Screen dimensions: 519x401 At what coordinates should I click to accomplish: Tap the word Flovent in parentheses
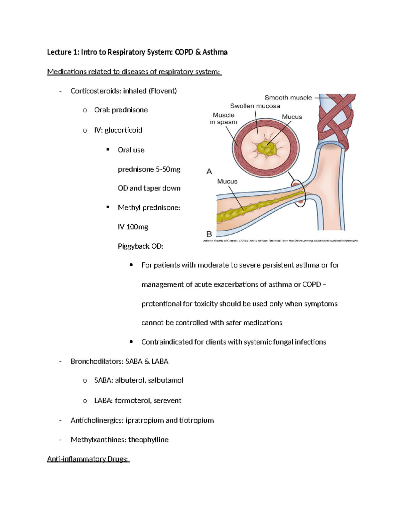(x=163, y=91)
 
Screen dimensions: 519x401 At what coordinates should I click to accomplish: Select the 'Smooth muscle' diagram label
(x=288, y=98)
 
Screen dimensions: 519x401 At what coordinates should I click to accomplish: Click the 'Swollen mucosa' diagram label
(x=255, y=106)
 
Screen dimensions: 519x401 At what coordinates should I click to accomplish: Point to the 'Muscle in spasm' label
(x=224, y=119)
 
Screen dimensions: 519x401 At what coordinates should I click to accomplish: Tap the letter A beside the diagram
(x=209, y=171)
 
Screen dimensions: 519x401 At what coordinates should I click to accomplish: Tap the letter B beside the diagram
(x=209, y=234)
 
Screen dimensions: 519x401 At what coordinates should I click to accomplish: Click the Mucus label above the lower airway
(x=227, y=181)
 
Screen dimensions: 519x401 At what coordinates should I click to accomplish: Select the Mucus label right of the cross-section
(x=292, y=117)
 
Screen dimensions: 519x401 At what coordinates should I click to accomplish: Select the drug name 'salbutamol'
(x=166, y=380)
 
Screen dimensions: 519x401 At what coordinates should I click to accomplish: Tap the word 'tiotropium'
(x=196, y=420)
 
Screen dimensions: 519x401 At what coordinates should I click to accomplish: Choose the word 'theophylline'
(x=148, y=440)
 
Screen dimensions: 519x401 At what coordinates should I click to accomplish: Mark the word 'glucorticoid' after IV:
(x=123, y=130)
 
